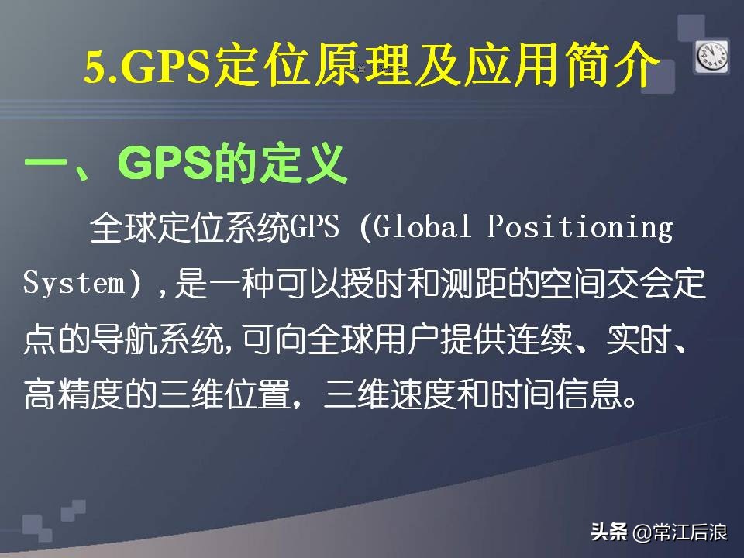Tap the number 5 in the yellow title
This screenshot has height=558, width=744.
pos(95,69)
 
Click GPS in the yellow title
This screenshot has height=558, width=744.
pos(166,69)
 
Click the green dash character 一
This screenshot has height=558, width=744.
pos(48,164)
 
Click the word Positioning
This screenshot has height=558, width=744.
pos(580,228)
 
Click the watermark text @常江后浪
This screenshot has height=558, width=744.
pos(679,532)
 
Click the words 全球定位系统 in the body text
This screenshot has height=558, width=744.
pos(190,228)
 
